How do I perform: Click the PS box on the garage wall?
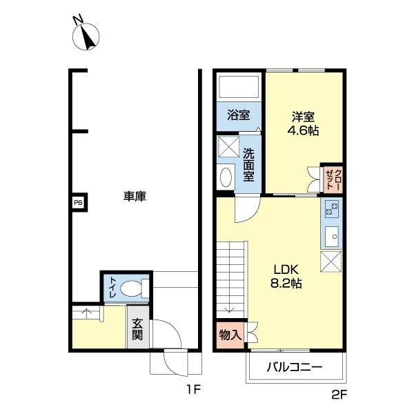[x=78, y=203]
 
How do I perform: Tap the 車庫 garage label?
[x=135, y=197]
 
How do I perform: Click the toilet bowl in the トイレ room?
[x=131, y=288]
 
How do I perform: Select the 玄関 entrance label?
[x=138, y=330]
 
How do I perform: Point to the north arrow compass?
[x=86, y=37]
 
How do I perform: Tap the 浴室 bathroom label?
[x=239, y=115]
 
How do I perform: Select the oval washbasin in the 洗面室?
[x=226, y=177]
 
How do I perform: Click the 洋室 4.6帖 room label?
[x=303, y=124]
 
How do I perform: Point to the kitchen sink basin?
[x=332, y=237]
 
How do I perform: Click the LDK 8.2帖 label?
[x=286, y=277]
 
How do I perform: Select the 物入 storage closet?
[x=230, y=335]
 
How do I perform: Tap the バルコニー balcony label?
[x=295, y=367]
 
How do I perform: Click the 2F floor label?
[x=339, y=395]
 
